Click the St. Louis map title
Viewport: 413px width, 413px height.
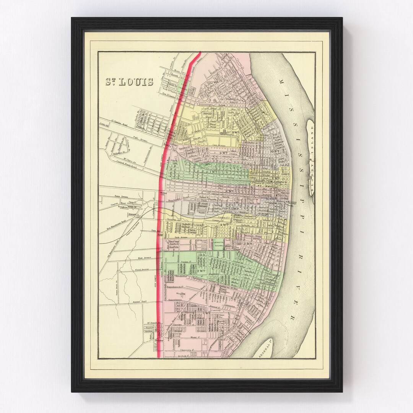point(130,82)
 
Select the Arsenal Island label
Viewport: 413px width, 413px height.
point(267,349)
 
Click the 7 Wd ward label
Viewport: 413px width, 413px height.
point(213,172)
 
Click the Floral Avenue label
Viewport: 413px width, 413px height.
point(143,274)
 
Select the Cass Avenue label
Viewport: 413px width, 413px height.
point(219,146)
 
